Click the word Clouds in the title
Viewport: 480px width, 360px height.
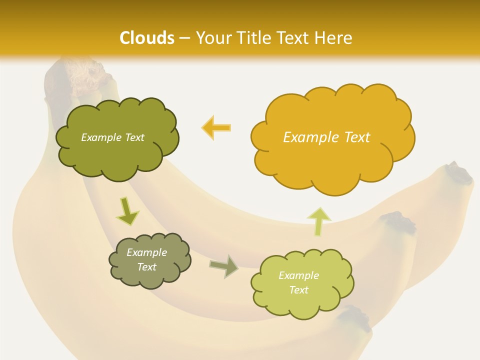pos(147,38)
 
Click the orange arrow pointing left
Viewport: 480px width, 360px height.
pos(216,127)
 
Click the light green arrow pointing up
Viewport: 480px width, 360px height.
pos(319,220)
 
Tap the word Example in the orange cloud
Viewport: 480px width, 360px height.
pos(311,137)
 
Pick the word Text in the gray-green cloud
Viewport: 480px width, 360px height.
pos(146,267)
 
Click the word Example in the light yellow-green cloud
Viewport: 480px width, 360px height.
pos(298,275)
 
